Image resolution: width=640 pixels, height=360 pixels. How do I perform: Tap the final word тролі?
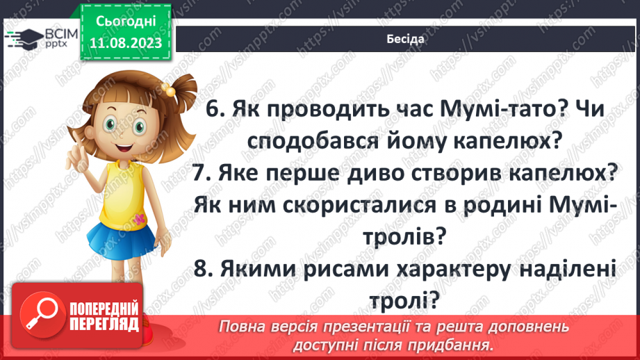coord(406,301)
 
